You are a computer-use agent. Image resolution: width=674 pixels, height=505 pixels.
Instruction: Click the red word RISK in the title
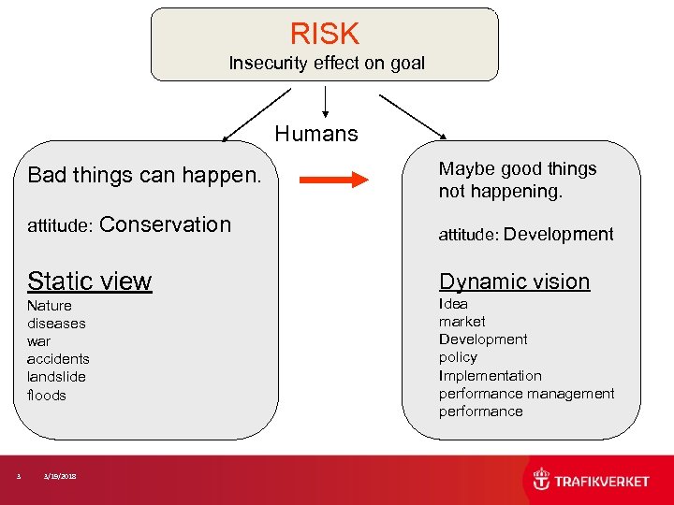(324, 34)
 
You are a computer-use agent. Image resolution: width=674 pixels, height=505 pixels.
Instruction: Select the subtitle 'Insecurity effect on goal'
(327, 64)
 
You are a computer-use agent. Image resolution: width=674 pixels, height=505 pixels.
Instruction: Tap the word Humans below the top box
(316, 134)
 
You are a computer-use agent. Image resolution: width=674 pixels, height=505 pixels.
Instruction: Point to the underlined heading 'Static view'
(90, 281)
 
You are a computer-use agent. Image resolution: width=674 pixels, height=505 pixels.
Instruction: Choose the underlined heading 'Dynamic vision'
(514, 281)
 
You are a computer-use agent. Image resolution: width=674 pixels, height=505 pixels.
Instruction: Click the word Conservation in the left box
(165, 224)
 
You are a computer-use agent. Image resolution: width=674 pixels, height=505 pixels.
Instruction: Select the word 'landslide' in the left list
(56, 377)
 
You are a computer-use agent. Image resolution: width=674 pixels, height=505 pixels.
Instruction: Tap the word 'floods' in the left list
(47, 395)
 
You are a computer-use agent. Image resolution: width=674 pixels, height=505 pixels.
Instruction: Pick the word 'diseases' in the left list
(56, 324)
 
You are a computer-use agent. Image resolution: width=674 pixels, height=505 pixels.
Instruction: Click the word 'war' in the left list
(39, 341)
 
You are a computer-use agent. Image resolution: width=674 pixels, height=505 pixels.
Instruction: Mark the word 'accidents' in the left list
(58, 359)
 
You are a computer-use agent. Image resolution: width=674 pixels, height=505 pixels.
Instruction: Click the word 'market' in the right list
(462, 322)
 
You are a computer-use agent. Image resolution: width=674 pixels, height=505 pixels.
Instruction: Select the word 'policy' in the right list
(458, 357)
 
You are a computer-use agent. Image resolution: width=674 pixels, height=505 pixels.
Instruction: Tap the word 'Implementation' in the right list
(490, 375)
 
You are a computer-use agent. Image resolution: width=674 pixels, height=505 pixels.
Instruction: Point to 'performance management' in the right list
(526, 394)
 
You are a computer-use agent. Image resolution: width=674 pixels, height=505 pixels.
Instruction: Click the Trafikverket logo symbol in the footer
(542, 480)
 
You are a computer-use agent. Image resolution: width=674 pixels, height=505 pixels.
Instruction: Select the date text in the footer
(60, 477)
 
